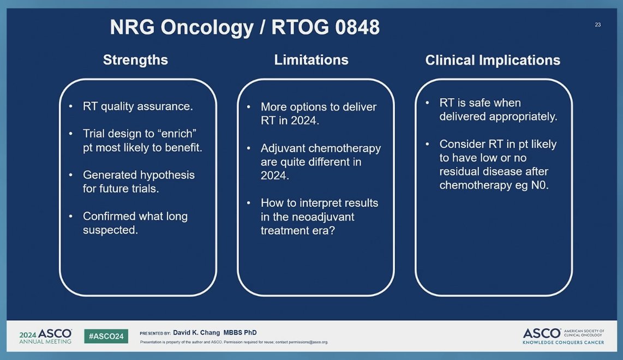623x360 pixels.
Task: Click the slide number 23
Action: point(597,25)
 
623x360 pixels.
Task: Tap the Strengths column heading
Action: point(135,60)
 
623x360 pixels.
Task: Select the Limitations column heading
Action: point(311,60)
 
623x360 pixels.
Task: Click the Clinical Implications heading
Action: point(493,61)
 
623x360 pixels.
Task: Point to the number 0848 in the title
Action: point(357,27)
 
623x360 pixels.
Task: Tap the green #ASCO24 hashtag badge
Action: point(106,336)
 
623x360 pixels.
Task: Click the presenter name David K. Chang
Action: point(196,333)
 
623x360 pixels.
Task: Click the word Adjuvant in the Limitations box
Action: point(283,148)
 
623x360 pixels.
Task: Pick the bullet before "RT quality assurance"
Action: point(71,106)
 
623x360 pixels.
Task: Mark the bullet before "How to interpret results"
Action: point(249,203)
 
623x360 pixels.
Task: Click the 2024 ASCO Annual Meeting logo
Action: point(45,336)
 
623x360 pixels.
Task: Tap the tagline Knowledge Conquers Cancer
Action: point(563,342)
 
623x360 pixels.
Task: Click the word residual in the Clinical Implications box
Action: point(460,171)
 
